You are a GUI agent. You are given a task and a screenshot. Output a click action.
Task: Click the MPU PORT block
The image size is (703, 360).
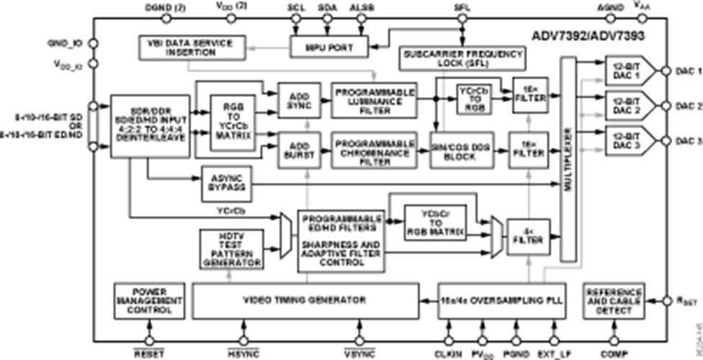coord(328,48)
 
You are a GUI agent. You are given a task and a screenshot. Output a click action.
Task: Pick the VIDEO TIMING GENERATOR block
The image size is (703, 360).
coord(305,300)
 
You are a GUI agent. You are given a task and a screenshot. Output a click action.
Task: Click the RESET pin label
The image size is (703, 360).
coord(149,354)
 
